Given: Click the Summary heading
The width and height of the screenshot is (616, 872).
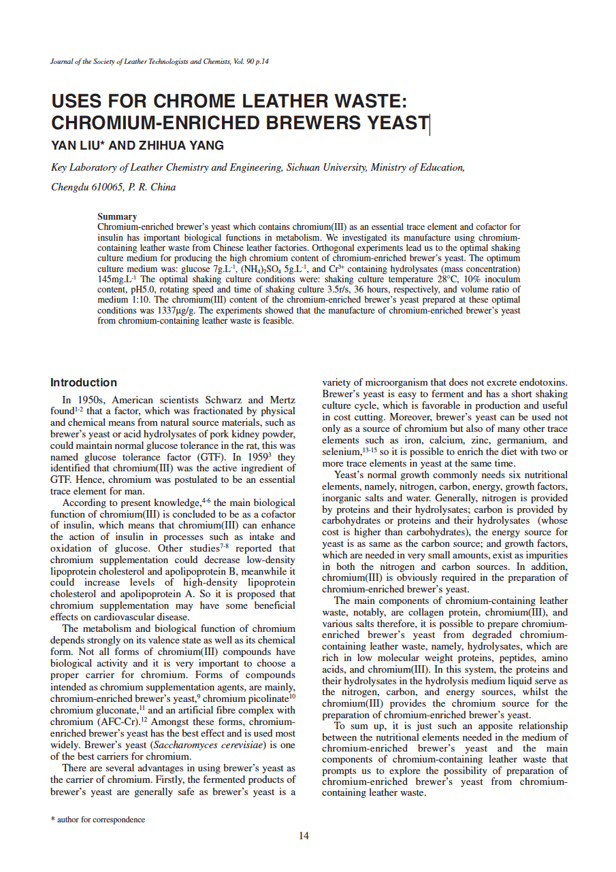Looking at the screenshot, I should (117, 217).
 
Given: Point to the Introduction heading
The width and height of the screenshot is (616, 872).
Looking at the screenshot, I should (84, 382).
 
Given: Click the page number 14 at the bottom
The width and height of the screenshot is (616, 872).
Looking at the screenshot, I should (304, 836).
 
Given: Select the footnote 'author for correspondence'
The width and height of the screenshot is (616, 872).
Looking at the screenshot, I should (101, 820).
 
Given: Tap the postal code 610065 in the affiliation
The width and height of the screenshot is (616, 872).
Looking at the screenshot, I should (108, 187).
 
